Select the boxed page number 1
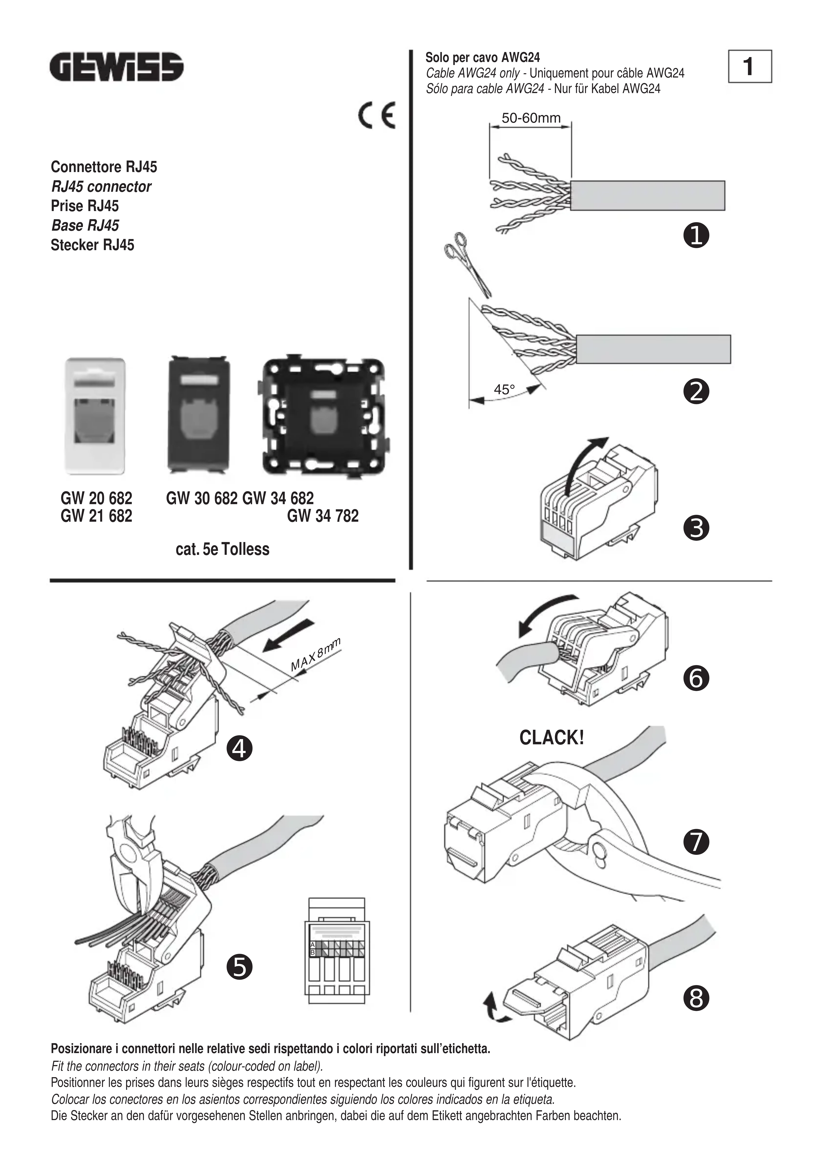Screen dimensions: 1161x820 pyautogui.click(x=750, y=66)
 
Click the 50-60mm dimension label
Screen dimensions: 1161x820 pyautogui.click(x=531, y=118)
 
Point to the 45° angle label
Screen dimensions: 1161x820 pyautogui.click(x=504, y=390)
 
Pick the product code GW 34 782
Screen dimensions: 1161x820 pyautogui.click(x=323, y=516)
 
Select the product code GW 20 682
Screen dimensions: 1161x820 pyautogui.click(x=96, y=499)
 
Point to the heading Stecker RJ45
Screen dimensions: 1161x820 pyautogui.click(x=93, y=245)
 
